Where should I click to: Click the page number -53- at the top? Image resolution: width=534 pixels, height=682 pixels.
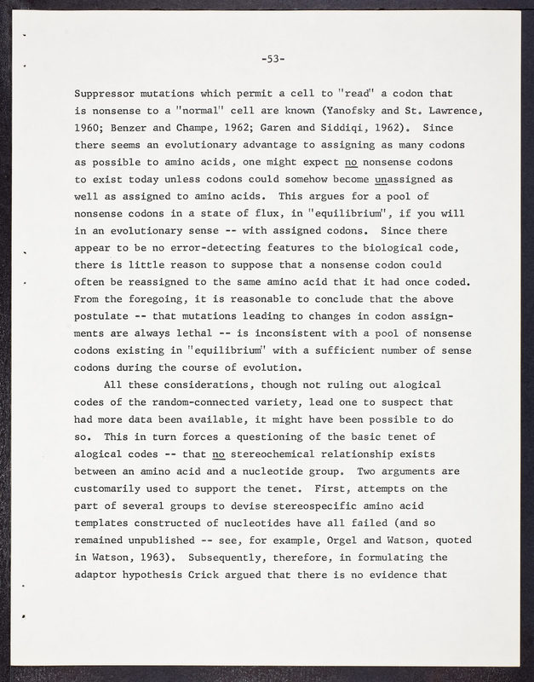tap(273, 59)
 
